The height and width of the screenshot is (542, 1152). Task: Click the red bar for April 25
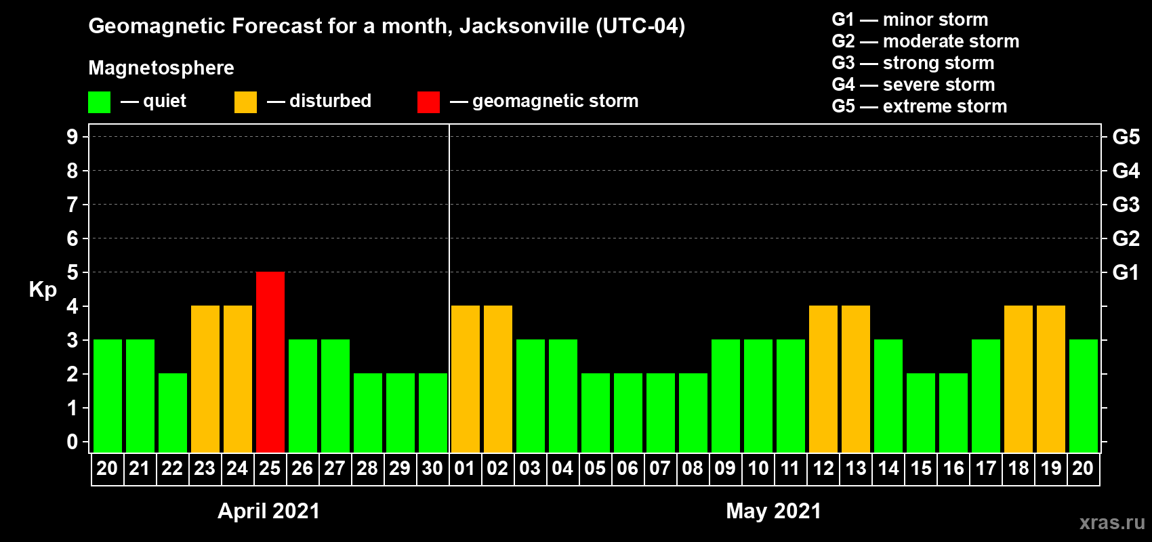pyautogui.click(x=270, y=362)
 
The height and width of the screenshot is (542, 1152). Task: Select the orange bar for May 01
pyautogui.click(x=466, y=379)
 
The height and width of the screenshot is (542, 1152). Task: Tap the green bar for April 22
pyautogui.click(x=173, y=413)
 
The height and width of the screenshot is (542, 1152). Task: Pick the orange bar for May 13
pyautogui.click(x=856, y=379)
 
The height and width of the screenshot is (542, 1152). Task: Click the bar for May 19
pyautogui.click(x=1051, y=379)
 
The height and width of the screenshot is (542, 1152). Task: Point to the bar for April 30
pyautogui.click(x=433, y=413)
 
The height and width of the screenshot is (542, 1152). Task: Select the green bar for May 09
pyautogui.click(x=726, y=396)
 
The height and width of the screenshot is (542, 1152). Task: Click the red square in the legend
pyautogui.click(x=428, y=102)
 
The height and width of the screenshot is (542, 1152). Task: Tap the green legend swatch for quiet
pyautogui.click(x=100, y=102)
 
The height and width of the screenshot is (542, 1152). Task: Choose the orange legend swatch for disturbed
pyautogui.click(x=245, y=102)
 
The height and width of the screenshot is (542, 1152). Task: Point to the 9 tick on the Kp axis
pyautogui.click(x=73, y=137)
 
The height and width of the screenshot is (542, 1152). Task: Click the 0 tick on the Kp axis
pyautogui.click(x=73, y=442)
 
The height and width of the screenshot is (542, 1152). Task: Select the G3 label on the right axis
pyautogui.click(x=1126, y=205)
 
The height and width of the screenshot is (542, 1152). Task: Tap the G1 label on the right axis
pyautogui.click(x=1126, y=272)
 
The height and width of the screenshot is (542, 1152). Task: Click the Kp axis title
pyautogui.click(x=43, y=290)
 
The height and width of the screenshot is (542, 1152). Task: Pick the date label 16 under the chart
pyautogui.click(x=953, y=468)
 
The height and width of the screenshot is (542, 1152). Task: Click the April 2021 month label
pyautogui.click(x=268, y=511)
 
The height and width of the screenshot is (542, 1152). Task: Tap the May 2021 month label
pyautogui.click(x=773, y=511)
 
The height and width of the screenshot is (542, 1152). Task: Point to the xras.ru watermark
pyautogui.click(x=1112, y=522)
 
